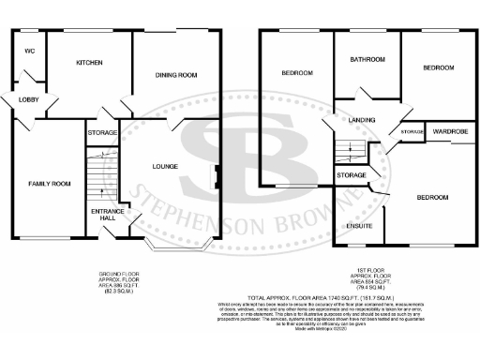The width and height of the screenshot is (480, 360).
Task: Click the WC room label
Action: coord(29,51)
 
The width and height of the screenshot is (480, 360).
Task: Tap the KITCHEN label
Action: coord(89,63)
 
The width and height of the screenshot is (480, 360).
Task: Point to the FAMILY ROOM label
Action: coord(49,183)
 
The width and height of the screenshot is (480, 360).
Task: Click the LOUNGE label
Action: coord(166,167)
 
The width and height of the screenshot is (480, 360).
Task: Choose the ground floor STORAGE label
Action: coord(102,133)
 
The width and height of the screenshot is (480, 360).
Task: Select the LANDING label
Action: coord(361,120)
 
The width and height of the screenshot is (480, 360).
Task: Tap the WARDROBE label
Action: coord(451,132)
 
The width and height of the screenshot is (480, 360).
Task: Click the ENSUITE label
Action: coord(359,226)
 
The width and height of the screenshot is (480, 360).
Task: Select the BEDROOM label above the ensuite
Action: coord(432,197)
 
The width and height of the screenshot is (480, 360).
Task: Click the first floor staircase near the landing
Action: coord(351,153)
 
